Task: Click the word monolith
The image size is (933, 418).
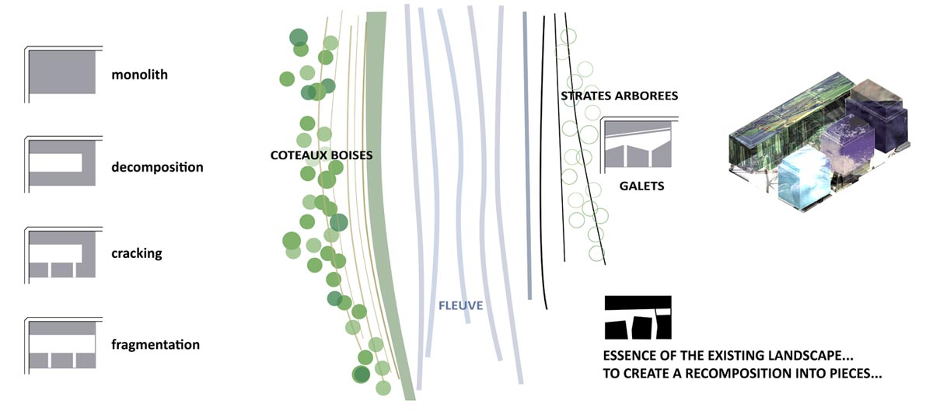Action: pos(139,75)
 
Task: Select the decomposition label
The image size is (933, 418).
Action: pos(157,167)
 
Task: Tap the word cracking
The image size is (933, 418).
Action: pos(137,253)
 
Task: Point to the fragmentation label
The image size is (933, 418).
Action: pos(155,345)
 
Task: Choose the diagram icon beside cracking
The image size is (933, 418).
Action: pos(62,254)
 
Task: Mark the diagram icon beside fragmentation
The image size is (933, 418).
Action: pos(62,345)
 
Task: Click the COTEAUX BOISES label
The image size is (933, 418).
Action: pos(322,155)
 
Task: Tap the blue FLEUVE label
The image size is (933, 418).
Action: pos(460,305)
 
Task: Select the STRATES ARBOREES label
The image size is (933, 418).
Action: pos(620,96)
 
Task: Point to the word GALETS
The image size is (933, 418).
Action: pos(641,186)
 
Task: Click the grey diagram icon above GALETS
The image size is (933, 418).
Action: pos(638,145)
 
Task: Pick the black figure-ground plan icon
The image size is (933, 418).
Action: pos(638,317)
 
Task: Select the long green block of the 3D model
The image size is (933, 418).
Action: pos(787,120)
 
